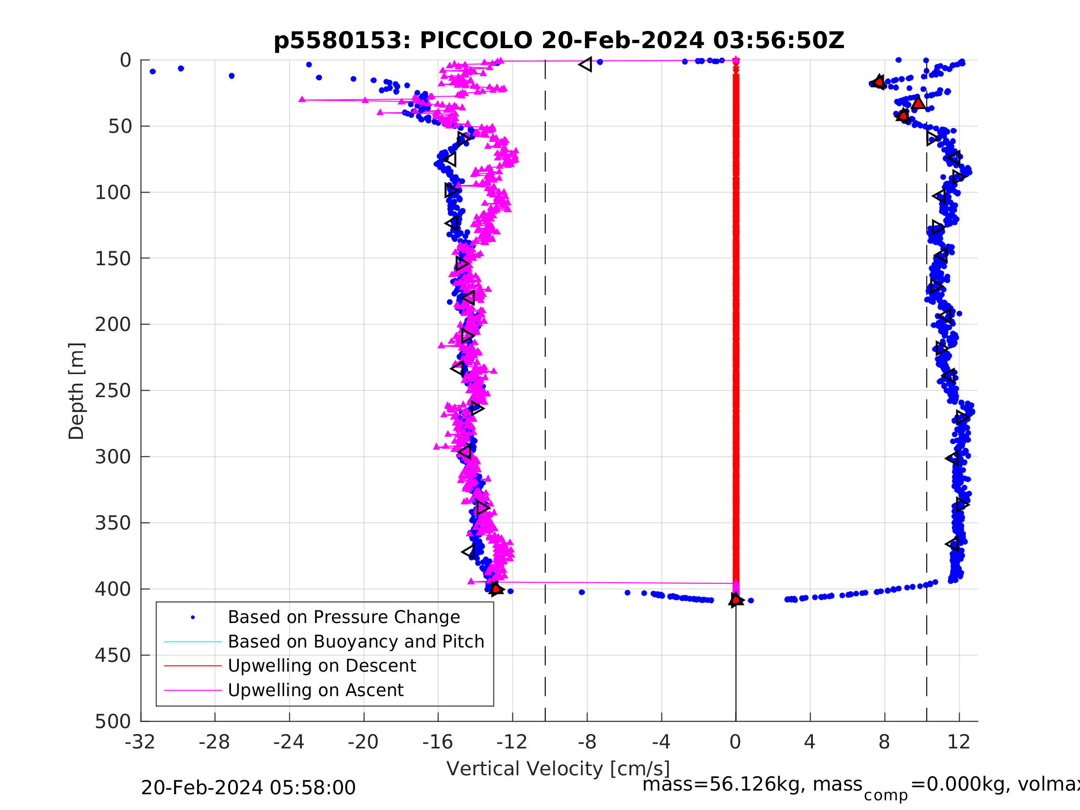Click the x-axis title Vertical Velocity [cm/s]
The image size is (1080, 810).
558,768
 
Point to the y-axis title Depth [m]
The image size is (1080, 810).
77,391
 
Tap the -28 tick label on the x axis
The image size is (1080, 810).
214,742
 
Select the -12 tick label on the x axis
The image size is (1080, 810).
512,742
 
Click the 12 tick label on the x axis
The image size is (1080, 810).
958,742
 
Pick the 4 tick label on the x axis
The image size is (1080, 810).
810,742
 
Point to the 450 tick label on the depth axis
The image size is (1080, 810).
113,655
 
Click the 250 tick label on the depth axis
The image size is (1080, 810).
113,391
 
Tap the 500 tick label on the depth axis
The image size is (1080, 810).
113,721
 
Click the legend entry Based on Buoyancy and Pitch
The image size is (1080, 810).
356,642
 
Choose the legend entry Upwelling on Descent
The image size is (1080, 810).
322,666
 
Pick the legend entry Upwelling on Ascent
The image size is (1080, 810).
315,690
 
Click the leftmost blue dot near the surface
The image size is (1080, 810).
153,71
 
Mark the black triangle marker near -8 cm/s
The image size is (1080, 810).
586,64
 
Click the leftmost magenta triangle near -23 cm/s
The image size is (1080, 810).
302,99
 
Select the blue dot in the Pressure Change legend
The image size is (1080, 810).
193,617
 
